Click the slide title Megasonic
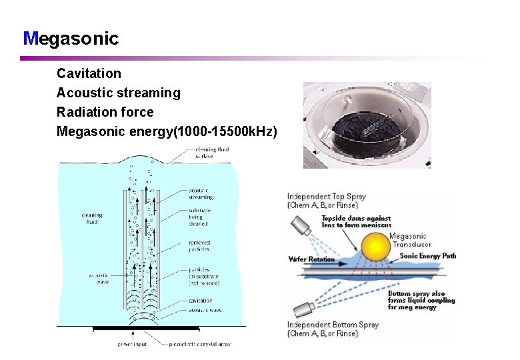(71, 39)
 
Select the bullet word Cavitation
(89, 73)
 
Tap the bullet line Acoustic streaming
(118, 93)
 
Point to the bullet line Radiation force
(105, 112)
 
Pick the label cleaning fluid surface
(211, 153)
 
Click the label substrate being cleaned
(200, 217)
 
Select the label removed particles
(199, 246)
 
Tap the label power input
(133, 344)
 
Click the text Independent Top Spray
(327, 197)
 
